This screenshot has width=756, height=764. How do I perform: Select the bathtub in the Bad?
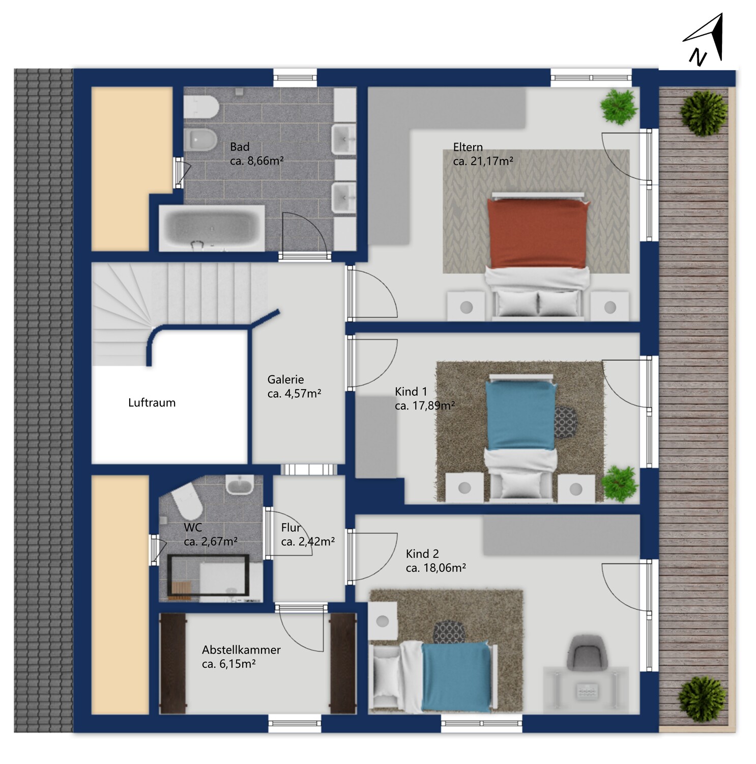(212, 228)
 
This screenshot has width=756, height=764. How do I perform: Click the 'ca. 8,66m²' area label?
(256, 161)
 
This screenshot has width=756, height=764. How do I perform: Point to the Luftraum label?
(152, 403)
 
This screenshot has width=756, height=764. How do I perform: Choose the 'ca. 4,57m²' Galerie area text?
(294, 393)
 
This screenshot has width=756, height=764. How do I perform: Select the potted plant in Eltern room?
(619, 107)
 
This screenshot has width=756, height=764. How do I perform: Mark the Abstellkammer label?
(241, 650)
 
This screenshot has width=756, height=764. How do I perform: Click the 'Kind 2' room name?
(422, 554)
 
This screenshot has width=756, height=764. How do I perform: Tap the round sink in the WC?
(240, 484)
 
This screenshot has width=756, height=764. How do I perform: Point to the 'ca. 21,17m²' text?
(483, 161)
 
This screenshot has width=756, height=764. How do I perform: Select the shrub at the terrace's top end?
(704, 113)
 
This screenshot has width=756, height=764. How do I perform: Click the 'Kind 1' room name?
(411, 392)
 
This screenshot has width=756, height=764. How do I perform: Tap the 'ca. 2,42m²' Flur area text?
(308, 541)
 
